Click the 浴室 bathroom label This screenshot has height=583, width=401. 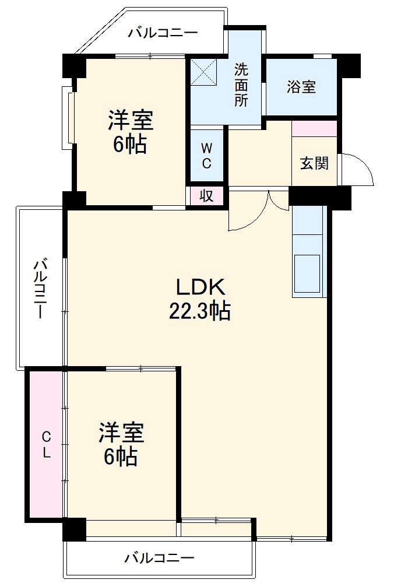[x=301, y=87]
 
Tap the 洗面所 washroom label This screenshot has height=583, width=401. [x=241, y=85]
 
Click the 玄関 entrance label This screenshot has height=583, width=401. [x=314, y=163]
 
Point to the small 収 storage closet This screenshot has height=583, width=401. [x=206, y=196]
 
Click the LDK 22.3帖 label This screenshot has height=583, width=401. [x=200, y=299]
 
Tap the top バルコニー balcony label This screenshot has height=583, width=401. [x=163, y=33]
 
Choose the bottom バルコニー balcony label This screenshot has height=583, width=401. [x=159, y=559]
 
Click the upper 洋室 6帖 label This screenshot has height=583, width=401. [x=130, y=132]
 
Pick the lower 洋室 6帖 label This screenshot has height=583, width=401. [x=121, y=444]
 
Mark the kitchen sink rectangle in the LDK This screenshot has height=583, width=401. [x=307, y=273]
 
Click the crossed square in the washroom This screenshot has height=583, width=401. [x=203, y=72]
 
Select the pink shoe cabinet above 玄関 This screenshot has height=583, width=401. [x=314, y=128]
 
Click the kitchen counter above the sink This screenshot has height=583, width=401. [x=307, y=220]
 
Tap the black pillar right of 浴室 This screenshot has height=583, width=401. [x=349, y=65]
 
